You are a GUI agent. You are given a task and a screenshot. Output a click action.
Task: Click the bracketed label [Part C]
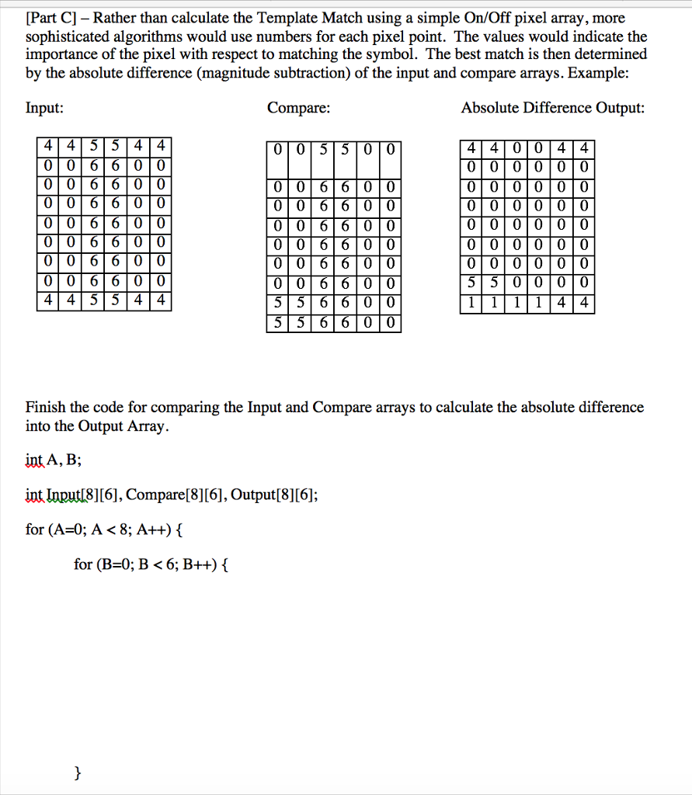pyautogui.click(x=54, y=18)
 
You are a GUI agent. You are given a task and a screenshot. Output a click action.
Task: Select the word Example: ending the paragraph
pyautogui.click(x=610, y=73)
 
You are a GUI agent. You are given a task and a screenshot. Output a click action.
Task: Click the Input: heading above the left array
pyautogui.click(x=45, y=109)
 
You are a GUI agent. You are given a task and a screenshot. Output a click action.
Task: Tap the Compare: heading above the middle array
pyautogui.click(x=299, y=109)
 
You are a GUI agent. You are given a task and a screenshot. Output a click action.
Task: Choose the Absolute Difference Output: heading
pyautogui.click(x=552, y=109)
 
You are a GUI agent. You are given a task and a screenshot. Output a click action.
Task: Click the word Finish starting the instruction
pyautogui.click(x=46, y=408)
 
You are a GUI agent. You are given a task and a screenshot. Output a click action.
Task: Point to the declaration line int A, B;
pyautogui.click(x=53, y=460)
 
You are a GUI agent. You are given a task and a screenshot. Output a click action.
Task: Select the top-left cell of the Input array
pyautogui.click(x=48, y=146)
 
